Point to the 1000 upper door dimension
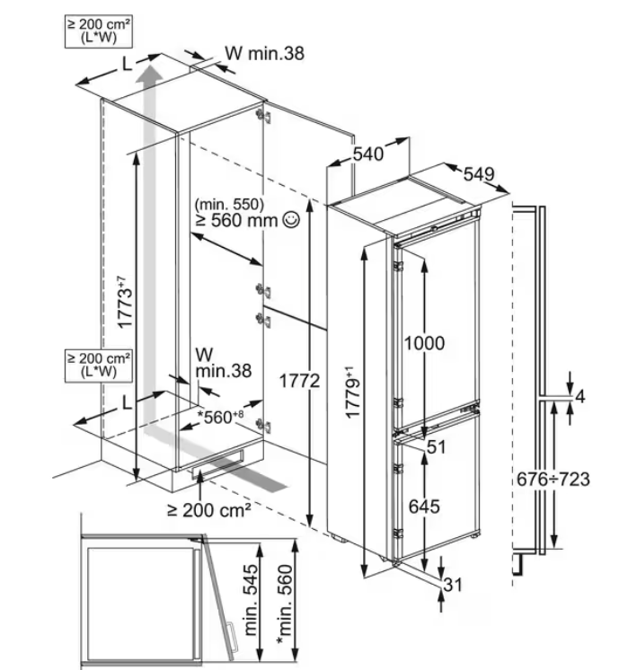[423, 343]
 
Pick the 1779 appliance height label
[355, 392]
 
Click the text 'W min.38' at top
[264, 54]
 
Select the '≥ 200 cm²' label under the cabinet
[208, 510]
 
